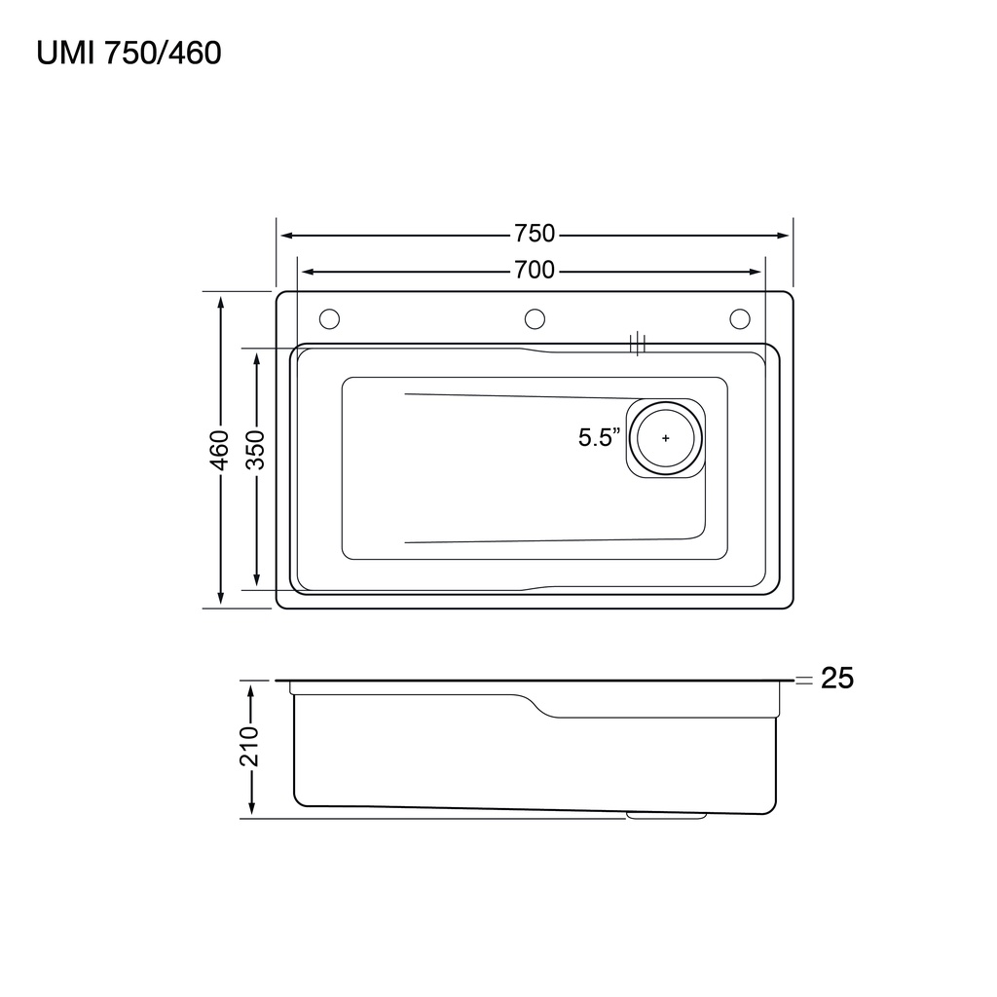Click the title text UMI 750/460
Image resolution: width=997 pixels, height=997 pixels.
(129, 53)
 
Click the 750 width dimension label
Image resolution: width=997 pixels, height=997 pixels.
(535, 234)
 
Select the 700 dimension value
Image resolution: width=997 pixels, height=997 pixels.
(535, 271)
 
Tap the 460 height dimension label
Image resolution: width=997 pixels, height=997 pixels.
(219, 450)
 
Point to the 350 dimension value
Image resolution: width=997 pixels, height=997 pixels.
(256, 450)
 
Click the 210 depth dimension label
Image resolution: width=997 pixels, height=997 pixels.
(249, 746)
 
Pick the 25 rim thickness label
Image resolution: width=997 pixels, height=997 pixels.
(836, 679)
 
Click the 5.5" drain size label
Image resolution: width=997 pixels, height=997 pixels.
(599, 437)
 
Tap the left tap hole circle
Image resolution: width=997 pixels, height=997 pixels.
(329, 318)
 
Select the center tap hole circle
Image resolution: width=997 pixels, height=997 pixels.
(535, 318)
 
